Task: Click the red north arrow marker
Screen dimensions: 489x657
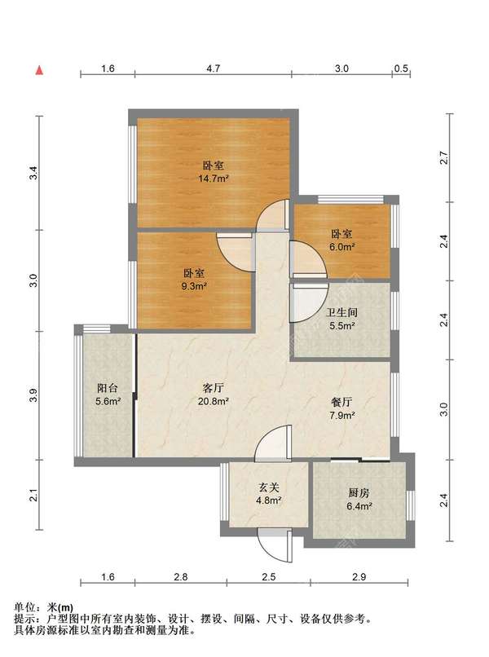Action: coord(39,70)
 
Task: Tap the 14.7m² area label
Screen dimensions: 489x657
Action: coord(213,179)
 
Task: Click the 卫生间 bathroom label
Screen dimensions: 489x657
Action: coord(342,312)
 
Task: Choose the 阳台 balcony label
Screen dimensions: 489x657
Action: coord(108,387)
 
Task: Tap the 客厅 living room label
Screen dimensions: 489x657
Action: coord(213,387)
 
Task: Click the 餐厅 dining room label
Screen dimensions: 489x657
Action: coord(342,402)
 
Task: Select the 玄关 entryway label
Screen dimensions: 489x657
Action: coord(269,487)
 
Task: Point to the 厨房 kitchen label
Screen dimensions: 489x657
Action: coord(359,492)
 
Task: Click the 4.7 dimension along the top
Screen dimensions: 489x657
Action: coord(213,68)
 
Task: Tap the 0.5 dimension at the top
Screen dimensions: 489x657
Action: coord(401,68)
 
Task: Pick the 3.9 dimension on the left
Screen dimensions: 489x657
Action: coord(34,395)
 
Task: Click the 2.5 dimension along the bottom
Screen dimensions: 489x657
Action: coord(269,577)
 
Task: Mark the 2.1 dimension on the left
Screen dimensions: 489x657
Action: coord(34,495)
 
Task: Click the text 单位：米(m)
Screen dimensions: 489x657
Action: coord(43,607)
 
